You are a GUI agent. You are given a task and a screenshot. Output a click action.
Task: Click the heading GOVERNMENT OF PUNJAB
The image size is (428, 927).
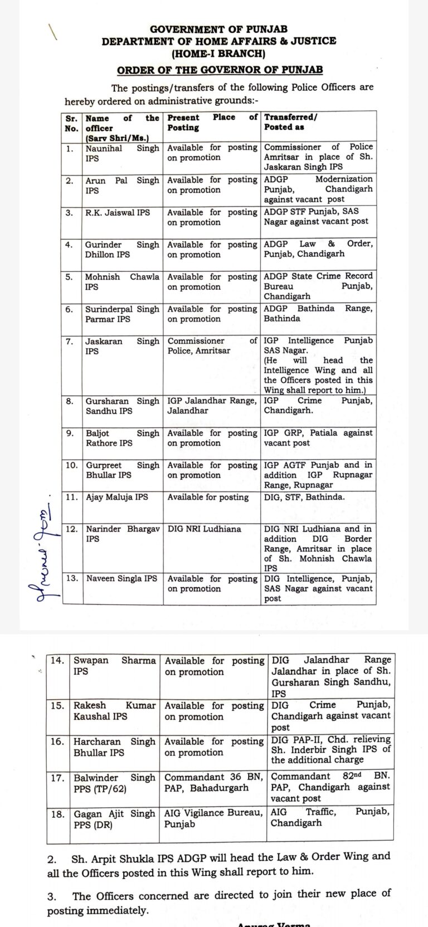pyautogui.click(x=218, y=29)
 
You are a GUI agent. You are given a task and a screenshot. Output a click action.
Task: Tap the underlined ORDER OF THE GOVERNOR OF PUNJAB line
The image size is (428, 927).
pyautogui.click(x=220, y=70)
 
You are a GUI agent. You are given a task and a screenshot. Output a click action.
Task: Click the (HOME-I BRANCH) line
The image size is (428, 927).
pyautogui.click(x=218, y=54)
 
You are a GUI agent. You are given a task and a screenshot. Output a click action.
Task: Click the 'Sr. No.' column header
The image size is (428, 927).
pyautogui.click(x=71, y=123)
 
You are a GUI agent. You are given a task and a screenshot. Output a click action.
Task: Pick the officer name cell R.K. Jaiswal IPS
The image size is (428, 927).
pyautogui.click(x=118, y=212)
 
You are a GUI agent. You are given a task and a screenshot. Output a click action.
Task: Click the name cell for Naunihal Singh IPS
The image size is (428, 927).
pyautogui.click(x=122, y=153)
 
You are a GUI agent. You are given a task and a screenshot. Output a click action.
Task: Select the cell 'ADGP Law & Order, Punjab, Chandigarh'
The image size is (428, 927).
pyautogui.click(x=318, y=249)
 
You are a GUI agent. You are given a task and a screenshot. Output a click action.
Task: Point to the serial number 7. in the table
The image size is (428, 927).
pyautogui.click(x=70, y=341)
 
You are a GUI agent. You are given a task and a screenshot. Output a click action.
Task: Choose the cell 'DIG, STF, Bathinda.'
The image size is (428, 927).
pyautogui.click(x=304, y=497)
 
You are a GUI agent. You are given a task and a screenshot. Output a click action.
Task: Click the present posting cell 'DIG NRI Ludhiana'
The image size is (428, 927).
pyautogui.click(x=205, y=529)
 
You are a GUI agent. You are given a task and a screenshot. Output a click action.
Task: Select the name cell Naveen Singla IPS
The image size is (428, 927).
pyautogui.click(x=121, y=579)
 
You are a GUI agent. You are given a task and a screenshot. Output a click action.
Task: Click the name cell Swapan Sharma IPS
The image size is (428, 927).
pyautogui.click(x=114, y=666)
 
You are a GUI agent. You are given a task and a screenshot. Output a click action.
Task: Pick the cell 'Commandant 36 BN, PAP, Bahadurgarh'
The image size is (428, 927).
pyautogui.click(x=213, y=782)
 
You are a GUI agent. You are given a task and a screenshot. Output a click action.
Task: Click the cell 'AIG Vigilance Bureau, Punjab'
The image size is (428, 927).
pyautogui.click(x=213, y=818)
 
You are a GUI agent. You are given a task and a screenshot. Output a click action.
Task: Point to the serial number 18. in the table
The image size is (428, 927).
pyautogui.click(x=57, y=814)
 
